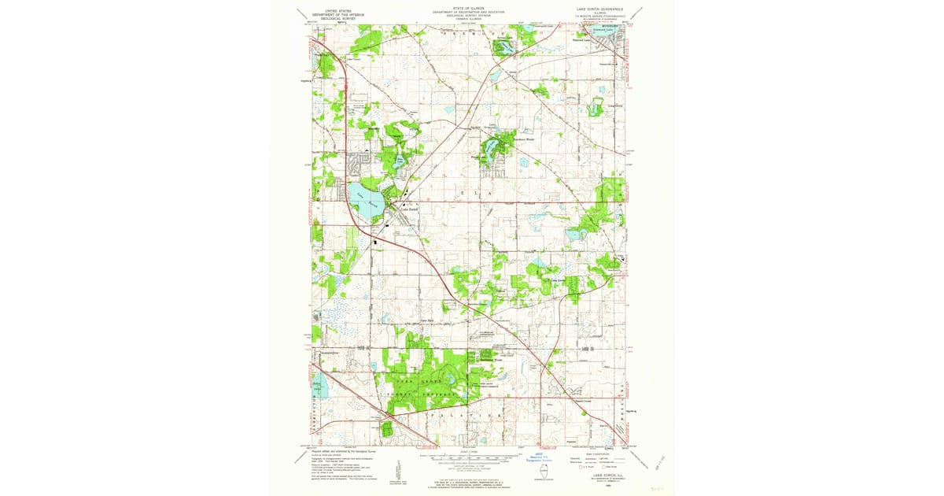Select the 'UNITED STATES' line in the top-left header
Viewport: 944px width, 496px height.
tap(333, 10)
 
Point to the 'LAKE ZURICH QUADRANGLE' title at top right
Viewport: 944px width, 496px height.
tap(596, 9)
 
